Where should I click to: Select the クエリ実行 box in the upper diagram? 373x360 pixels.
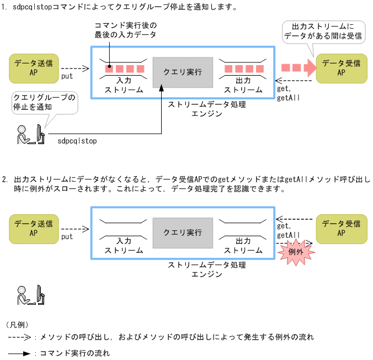(x=182, y=72)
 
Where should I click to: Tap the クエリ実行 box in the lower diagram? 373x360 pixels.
(x=182, y=232)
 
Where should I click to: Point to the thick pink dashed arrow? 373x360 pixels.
(x=298, y=67)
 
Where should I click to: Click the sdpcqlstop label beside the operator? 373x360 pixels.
(x=77, y=141)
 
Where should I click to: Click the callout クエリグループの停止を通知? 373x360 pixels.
(x=44, y=102)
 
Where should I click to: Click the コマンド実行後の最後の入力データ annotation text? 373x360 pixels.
(x=125, y=30)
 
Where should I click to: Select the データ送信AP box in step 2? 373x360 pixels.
(x=34, y=228)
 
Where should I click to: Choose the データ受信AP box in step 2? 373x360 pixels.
(x=341, y=228)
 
